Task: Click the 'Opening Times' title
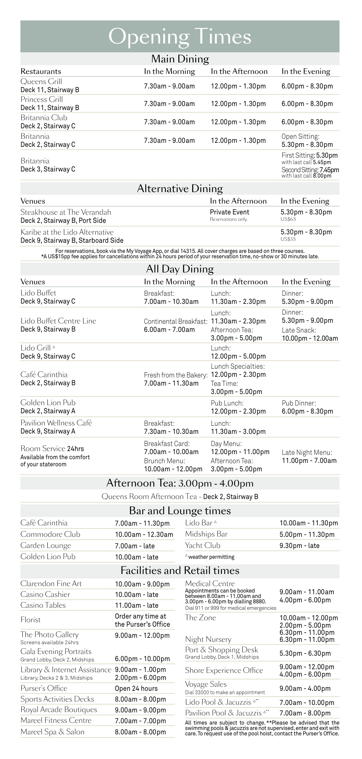coord(180,36)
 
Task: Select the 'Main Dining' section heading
coord(180,59)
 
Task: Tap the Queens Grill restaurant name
coord(41,81)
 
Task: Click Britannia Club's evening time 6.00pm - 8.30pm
coord(307,122)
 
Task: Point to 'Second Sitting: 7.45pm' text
coord(310,170)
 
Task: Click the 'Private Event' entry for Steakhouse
coord(229,212)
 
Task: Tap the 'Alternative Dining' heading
coord(180,188)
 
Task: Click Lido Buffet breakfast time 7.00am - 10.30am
coord(171,302)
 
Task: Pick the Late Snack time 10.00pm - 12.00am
coord(310,338)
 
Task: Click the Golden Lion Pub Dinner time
coord(307,411)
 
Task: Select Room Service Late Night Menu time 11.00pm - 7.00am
coord(309,461)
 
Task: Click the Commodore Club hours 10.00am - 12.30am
coord(144,534)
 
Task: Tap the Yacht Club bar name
coord(203,545)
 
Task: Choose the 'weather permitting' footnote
coord(211,557)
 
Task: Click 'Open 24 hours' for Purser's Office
coord(136,688)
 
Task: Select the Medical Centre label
coord(210,583)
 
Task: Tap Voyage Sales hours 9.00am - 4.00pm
coord(305,688)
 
